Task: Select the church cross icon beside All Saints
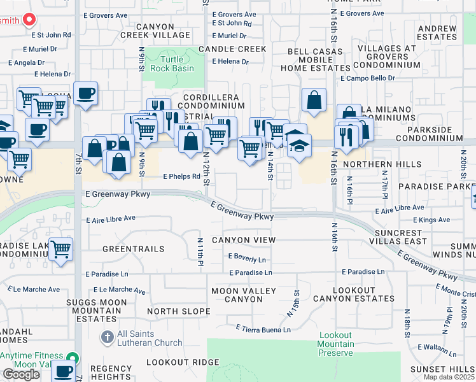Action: point(108,336)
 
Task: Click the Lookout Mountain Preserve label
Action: point(335,344)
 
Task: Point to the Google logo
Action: point(21,374)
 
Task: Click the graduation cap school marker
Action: point(298,146)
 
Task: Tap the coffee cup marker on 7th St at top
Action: point(85,94)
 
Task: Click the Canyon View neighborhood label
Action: point(244,240)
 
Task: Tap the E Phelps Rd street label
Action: point(181,177)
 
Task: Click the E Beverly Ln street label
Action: point(246,259)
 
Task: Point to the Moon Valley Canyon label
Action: point(244,295)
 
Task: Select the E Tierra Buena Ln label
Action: point(263,329)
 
